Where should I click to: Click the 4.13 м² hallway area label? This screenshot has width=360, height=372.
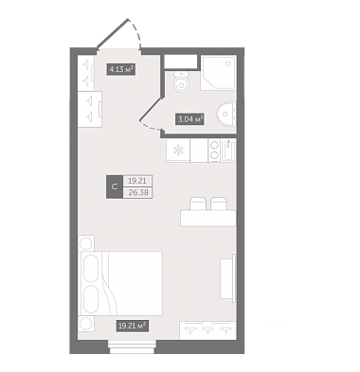tap(121, 69)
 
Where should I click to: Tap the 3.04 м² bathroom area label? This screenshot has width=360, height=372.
tap(189, 119)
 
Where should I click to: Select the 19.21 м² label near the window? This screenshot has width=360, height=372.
tap(133, 326)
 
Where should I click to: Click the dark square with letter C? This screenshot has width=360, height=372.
tap(115, 186)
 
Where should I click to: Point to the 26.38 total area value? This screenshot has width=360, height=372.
tap(138, 192)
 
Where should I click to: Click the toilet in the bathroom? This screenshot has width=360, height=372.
tap(181, 82)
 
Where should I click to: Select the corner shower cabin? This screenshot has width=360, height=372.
tap(218, 73)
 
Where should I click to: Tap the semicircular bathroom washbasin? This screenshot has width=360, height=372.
tap(226, 114)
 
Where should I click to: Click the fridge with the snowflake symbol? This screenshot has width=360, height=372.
tap(178, 151)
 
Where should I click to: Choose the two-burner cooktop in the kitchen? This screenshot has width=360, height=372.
tap(214, 151)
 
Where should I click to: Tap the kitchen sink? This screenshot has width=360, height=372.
tap(228, 151)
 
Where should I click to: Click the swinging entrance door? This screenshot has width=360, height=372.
tap(119, 34)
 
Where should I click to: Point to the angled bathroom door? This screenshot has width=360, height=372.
tap(151, 114)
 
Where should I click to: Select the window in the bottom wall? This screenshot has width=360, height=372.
tap(132, 346)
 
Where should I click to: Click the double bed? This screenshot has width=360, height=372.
tap(122, 283)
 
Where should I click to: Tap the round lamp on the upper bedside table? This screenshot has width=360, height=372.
tap(85, 243)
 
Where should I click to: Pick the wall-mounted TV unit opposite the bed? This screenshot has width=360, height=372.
tap(228, 278)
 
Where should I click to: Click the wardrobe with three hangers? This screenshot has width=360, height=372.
tap(207, 330)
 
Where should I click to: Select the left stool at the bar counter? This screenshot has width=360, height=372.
tap(198, 204)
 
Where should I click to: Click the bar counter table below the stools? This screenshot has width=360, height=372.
tap(208, 218)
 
